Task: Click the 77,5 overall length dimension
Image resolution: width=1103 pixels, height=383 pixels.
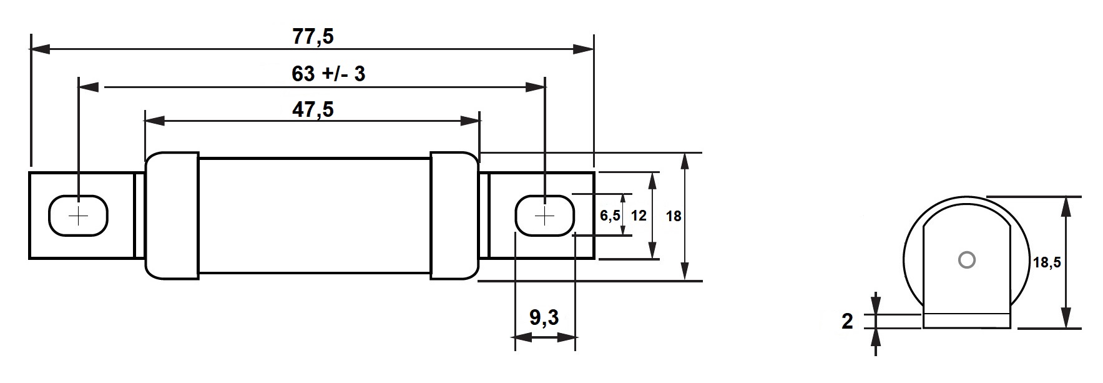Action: [313, 37]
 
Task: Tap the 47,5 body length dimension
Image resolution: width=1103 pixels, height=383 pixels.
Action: [313, 110]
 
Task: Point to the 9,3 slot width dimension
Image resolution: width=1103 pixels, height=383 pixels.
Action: [544, 318]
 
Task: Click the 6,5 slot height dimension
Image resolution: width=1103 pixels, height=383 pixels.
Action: [609, 216]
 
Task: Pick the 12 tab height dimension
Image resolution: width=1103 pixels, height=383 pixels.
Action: [638, 216]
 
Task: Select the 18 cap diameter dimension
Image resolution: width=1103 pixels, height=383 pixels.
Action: [673, 217]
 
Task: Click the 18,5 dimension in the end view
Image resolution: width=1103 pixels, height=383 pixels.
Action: [1046, 263]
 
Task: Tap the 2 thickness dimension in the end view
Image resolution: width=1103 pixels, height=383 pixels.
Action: [847, 322]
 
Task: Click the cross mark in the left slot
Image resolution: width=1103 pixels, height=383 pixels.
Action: [79, 216]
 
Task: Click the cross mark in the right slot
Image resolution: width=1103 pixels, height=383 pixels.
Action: [545, 216]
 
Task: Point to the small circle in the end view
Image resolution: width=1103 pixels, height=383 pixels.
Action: [966, 260]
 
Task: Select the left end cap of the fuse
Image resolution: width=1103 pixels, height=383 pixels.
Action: [172, 215]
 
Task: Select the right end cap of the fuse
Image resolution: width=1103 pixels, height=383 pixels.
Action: [454, 215]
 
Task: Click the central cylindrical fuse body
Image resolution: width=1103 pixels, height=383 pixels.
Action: [314, 215]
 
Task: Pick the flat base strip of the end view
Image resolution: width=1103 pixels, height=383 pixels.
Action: [966, 320]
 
